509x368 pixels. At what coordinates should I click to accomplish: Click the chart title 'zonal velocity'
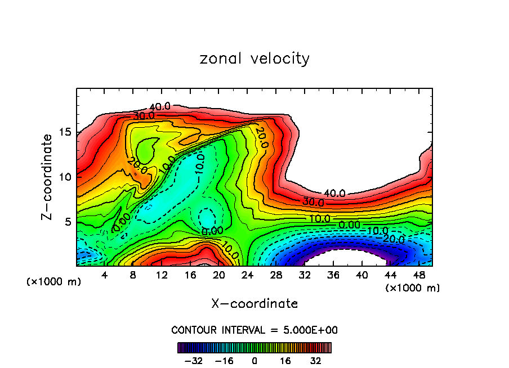coord(254,59)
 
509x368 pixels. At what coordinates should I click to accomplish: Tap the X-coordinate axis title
coord(254,303)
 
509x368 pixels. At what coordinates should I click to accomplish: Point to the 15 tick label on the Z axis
coord(65,133)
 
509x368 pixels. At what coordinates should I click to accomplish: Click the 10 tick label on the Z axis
coord(65,177)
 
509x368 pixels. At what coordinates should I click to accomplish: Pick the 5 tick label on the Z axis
coord(68,222)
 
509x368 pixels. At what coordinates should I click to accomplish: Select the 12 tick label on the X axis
coord(162,275)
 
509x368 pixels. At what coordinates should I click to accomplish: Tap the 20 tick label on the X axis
coord(218,275)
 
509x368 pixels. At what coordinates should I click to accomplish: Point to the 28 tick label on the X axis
coord(276,275)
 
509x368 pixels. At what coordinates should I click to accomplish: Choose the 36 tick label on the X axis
coord(333,275)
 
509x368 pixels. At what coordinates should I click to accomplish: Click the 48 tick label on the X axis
coord(418,275)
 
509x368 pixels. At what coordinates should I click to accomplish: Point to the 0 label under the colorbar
coord(254,360)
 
